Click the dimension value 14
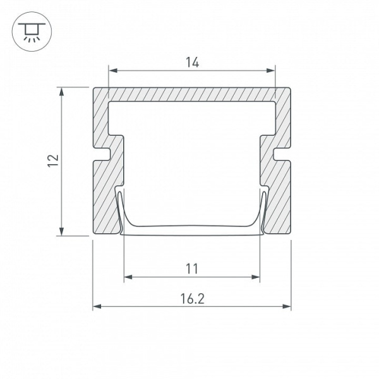(193, 62)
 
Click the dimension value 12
(53, 160)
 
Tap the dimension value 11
(192, 268)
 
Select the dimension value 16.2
(193, 299)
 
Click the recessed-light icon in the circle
(32, 32)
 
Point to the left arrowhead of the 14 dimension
(113, 70)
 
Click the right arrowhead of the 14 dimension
(271, 70)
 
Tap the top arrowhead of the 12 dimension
(62, 92)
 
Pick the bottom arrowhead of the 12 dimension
(62, 231)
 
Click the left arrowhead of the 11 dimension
(128, 277)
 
